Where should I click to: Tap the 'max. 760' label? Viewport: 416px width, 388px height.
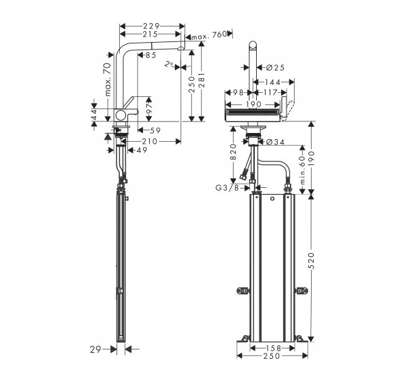(209, 36)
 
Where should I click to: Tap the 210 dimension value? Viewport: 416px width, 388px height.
(150, 141)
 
